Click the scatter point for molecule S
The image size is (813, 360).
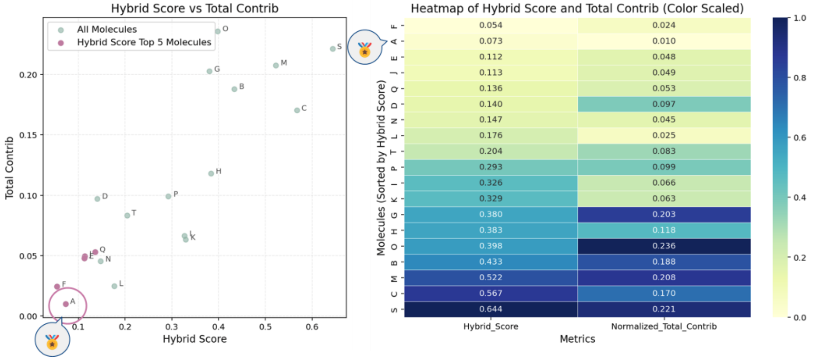(x=333, y=49)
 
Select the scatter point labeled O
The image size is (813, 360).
(x=218, y=31)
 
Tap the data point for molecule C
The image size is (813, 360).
(x=297, y=110)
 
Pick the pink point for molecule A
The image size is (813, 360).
(x=66, y=304)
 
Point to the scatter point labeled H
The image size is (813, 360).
(x=211, y=173)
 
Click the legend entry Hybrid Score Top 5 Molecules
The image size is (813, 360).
(x=144, y=42)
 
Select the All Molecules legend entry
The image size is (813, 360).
(x=106, y=29)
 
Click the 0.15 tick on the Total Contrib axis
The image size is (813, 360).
(x=28, y=135)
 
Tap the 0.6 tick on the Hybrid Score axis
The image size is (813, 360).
(x=312, y=327)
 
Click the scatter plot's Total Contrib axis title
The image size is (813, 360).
(x=9, y=168)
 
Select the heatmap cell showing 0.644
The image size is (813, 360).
(x=491, y=309)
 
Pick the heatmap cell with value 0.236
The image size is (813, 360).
(x=664, y=246)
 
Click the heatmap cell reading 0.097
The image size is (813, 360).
(x=664, y=104)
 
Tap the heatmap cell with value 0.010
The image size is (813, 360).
(x=664, y=41)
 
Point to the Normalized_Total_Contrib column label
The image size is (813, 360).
(x=664, y=326)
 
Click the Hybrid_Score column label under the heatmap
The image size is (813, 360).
(x=491, y=326)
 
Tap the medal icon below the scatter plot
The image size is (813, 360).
(x=52, y=341)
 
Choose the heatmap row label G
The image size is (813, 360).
(x=394, y=215)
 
